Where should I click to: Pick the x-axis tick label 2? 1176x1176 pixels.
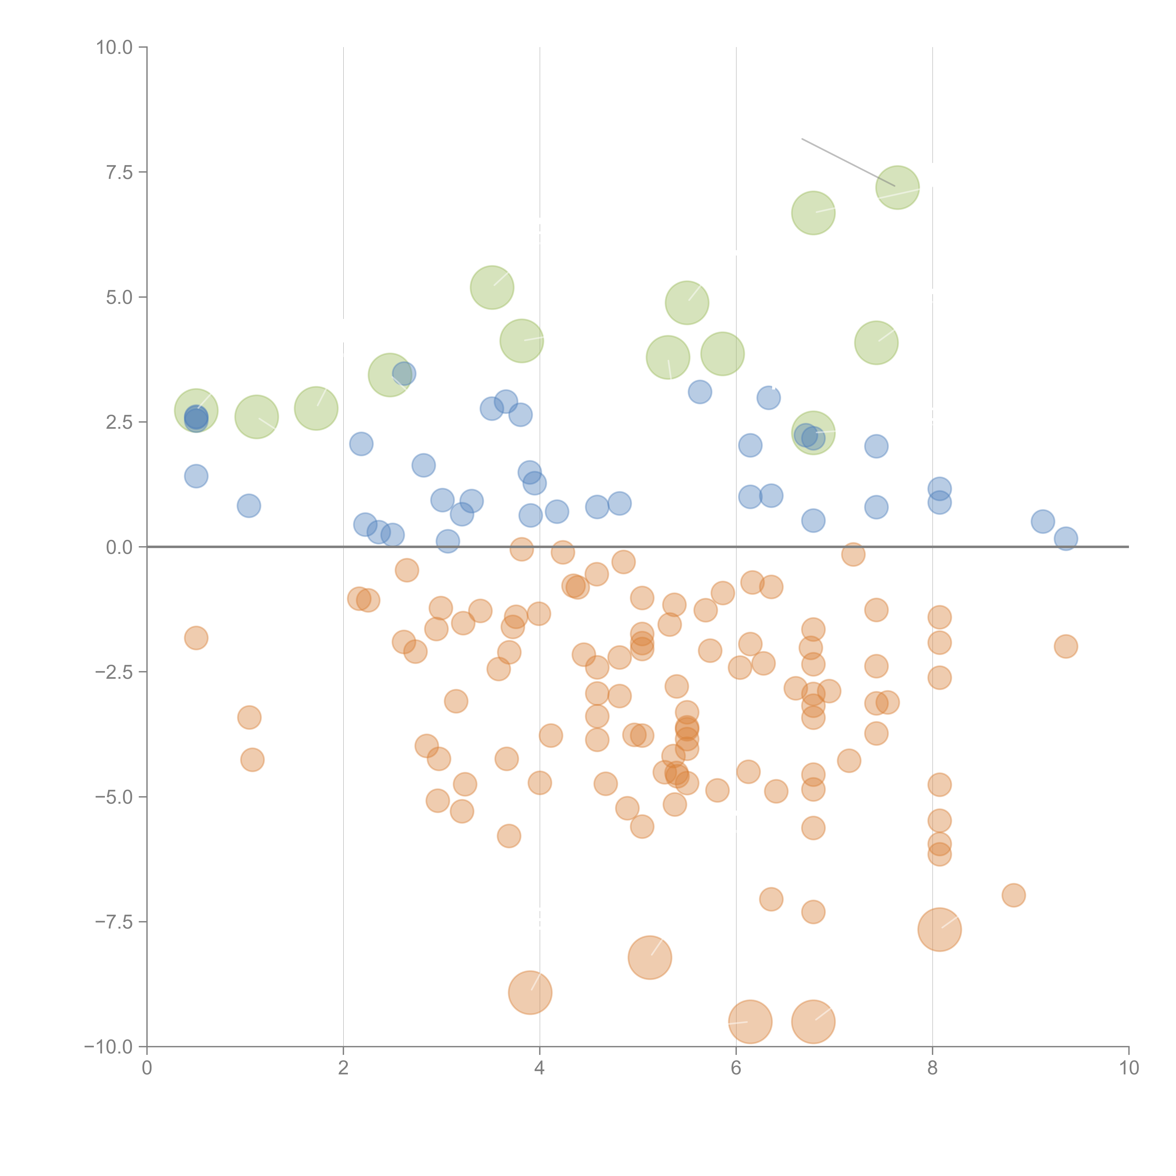coord(343,1068)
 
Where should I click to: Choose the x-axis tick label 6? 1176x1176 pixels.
coord(736,1068)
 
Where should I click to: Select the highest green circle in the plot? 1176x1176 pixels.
coord(897,187)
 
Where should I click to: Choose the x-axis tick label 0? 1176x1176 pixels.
coord(147,1068)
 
